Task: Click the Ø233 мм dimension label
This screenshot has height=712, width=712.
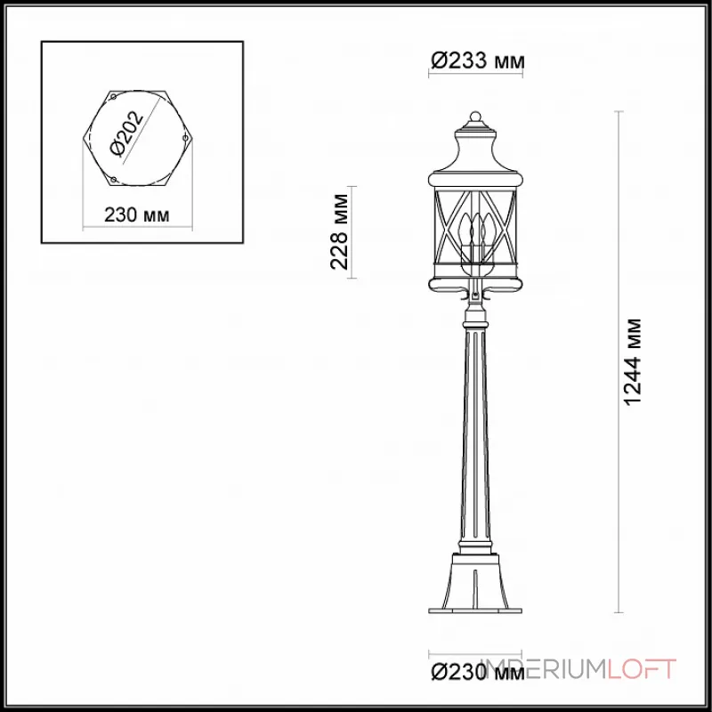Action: (477, 61)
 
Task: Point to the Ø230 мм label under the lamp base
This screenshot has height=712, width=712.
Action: (477, 671)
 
